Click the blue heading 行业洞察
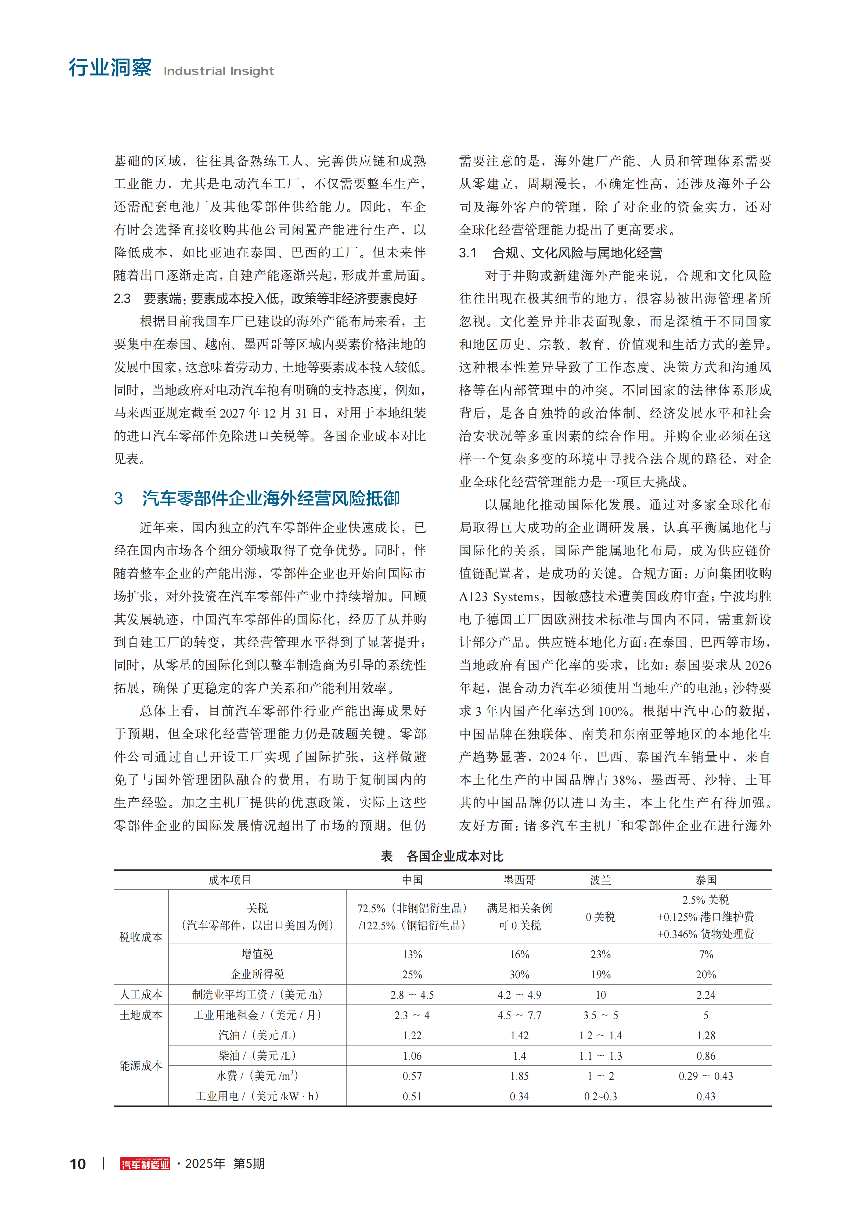tap(110, 68)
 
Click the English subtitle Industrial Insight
tap(219, 71)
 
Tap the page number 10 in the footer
tap(78, 1164)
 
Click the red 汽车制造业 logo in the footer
tap(145, 1164)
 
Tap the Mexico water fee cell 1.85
tap(519, 1076)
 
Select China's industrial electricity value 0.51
tap(412, 1097)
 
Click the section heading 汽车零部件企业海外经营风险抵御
tap(271, 498)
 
